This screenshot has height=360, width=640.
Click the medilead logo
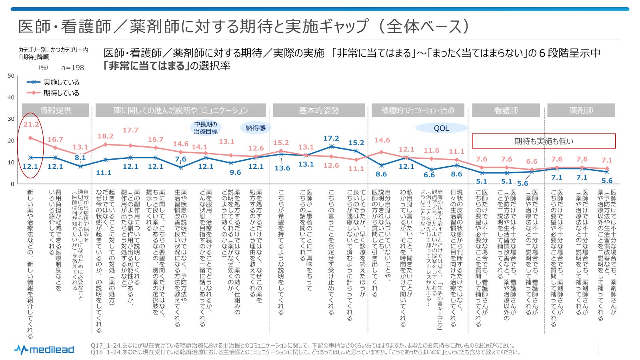pyautogui.click(x=44, y=350)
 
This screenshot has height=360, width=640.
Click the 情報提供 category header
pyautogui.click(x=55, y=110)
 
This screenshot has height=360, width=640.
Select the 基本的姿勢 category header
pyautogui.click(x=319, y=110)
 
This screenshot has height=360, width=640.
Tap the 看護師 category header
pyautogui.click(x=506, y=110)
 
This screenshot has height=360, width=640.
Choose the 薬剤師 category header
pyautogui.click(x=581, y=110)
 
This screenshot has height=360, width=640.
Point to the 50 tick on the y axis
pyautogui.click(x=11, y=76)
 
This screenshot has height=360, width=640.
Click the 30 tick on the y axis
pyautogui.click(x=11, y=119)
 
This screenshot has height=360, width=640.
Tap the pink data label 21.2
pyautogui.click(x=31, y=124)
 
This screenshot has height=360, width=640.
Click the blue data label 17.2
pyautogui.click(x=331, y=138)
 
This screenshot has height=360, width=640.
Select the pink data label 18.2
pyautogui.click(x=106, y=136)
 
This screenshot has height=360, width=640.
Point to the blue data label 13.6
pyautogui.click(x=282, y=168)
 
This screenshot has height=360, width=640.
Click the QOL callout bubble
pyautogui.click(x=441, y=128)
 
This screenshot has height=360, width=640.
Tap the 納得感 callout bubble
pyautogui.click(x=256, y=128)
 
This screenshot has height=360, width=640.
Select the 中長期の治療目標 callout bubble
pyautogui.click(x=206, y=128)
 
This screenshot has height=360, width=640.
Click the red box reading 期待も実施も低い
pyautogui.click(x=544, y=141)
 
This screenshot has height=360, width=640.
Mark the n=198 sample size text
pyautogui.click(x=72, y=68)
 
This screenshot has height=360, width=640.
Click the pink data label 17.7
pyautogui.click(x=130, y=130)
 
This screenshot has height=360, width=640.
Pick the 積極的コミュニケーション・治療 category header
pyautogui.click(x=418, y=110)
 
